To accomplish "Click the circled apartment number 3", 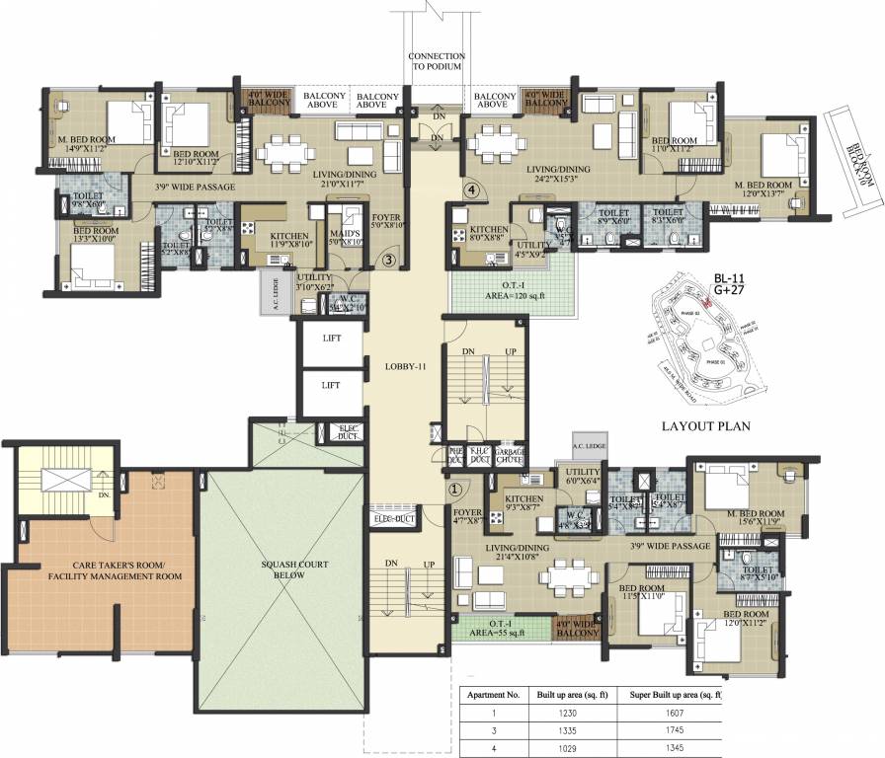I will pyautogui.click(x=389, y=261).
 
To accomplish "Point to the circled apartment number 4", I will pyautogui.click(x=472, y=189).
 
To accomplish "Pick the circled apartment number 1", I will pyautogui.click(x=455, y=488).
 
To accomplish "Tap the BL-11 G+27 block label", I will pyautogui.click(x=736, y=285).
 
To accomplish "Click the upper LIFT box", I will pyautogui.click(x=330, y=339).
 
